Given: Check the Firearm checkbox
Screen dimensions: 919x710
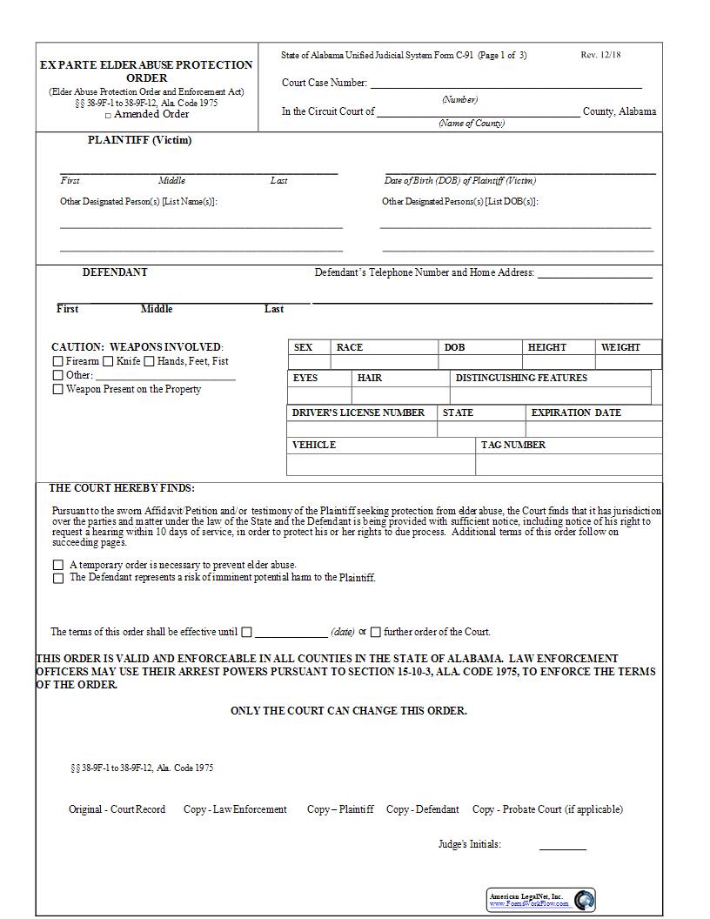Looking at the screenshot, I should [x=58, y=361].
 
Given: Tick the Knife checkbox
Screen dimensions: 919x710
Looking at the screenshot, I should [x=109, y=361].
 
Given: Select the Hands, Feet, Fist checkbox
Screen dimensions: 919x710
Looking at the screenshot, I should [x=150, y=361].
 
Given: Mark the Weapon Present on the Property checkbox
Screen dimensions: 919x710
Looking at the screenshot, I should [x=58, y=390].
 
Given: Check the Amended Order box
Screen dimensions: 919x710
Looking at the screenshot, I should [x=108, y=115].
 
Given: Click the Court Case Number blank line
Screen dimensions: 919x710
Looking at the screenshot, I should [x=506, y=84].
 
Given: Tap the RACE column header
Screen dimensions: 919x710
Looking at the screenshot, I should [x=350, y=347].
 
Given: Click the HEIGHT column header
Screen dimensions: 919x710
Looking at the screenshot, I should [x=546, y=347].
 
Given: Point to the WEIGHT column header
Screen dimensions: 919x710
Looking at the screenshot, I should [x=620, y=347].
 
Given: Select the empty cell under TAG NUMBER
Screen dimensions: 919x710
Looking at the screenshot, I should [x=568, y=465].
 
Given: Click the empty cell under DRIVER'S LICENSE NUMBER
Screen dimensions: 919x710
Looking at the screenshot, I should [x=361, y=429].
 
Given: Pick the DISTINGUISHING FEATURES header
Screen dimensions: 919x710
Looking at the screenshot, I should [x=521, y=378].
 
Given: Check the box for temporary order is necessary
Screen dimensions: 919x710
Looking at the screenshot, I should [x=58, y=565].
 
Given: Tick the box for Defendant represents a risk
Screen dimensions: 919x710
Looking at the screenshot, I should [x=58, y=578].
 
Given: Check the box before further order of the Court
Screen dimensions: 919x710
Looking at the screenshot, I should [x=376, y=633].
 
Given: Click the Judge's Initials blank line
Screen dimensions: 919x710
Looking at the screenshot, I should [x=562, y=846].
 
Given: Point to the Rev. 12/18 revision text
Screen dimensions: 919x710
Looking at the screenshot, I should [x=600, y=55].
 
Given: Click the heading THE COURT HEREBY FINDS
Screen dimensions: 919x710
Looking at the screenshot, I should [x=122, y=488].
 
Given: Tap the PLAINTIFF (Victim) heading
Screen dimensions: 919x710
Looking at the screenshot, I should [x=139, y=140].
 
